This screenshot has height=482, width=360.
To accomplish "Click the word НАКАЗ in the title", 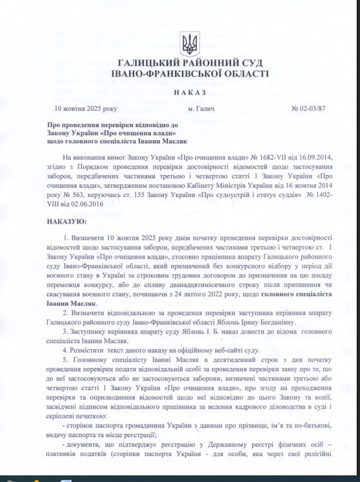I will pyautogui.click(x=189, y=92).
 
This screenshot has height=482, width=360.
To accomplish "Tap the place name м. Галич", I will pyautogui.click(x=200, y=108).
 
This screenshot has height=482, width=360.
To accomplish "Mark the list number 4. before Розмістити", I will pyautogui.click(x=65, y=350).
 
